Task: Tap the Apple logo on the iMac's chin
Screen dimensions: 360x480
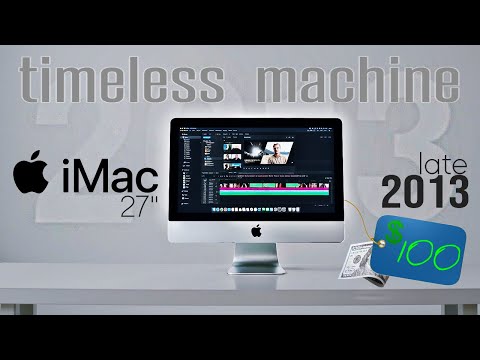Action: tap(256, 231)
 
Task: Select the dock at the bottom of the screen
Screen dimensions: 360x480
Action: tap(255, 208)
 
